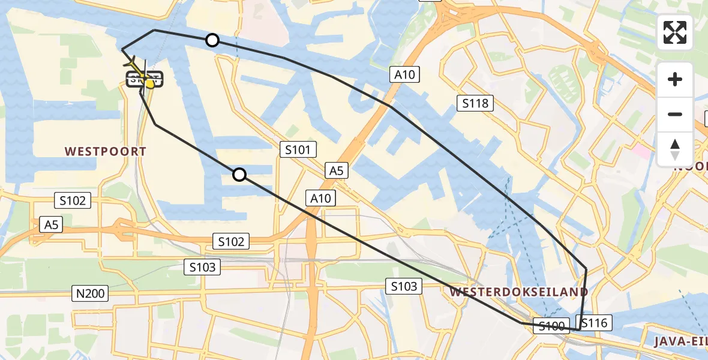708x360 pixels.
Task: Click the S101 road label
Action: (298, 150)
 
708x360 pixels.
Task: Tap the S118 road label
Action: (475, 103)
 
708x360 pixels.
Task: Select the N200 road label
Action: (91, 294)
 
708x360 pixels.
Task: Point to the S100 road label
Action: (551, 326)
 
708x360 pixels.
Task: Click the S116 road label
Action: (594, 323)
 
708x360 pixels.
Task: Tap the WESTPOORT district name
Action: (106, 152)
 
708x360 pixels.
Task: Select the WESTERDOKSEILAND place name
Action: (518, 292)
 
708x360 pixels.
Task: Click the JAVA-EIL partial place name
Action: (681, 342)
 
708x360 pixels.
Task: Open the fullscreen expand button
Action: (675, 32)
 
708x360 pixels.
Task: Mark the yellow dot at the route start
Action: (150, 84)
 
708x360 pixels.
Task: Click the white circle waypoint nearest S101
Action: (239, 175)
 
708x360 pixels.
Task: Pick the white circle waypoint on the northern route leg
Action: (212, 40)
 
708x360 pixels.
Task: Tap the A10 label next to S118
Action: (404, 74)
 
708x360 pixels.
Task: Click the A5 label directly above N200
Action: (51, 225)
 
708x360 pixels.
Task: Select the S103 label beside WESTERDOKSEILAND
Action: (404, 287)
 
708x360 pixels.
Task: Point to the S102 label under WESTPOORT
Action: (73, 200)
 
